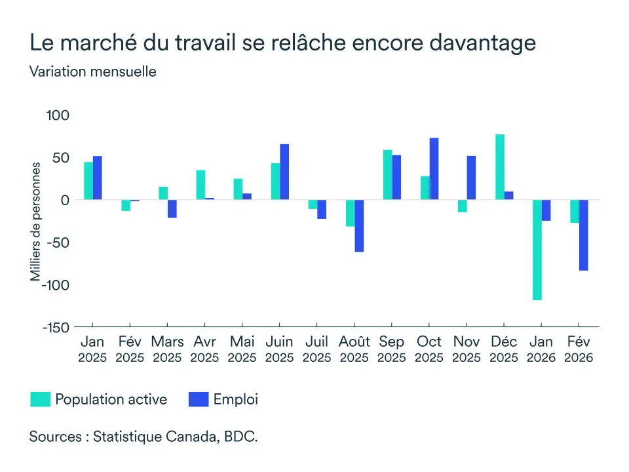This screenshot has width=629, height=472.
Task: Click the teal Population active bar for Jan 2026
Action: point(537,250)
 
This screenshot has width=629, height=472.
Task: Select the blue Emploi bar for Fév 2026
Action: point(583,235)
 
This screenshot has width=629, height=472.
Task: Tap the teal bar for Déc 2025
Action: point(500,167)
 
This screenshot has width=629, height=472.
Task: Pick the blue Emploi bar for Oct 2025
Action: point(434,169)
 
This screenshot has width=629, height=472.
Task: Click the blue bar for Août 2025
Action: point(359,226)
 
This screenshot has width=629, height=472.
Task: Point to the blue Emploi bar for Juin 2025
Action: point(284,172)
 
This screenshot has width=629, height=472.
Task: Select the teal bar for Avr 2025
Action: point(200,185)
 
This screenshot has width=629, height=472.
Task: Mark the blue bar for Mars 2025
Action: point(172,208)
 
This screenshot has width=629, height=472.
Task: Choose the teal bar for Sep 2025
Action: point(388,175)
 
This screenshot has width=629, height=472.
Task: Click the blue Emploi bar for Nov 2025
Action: point(471,178)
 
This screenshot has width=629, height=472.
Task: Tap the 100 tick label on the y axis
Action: point(58,115)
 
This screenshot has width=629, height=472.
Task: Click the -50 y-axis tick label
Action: point(57,243)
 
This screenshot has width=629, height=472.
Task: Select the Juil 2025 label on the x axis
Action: point(317,349)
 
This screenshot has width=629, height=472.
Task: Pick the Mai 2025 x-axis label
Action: point(242,349)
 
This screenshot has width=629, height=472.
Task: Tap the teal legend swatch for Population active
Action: point(41,399)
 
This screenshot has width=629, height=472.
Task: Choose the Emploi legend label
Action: point(236,399)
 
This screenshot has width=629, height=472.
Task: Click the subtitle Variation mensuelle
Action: point(92,72)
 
